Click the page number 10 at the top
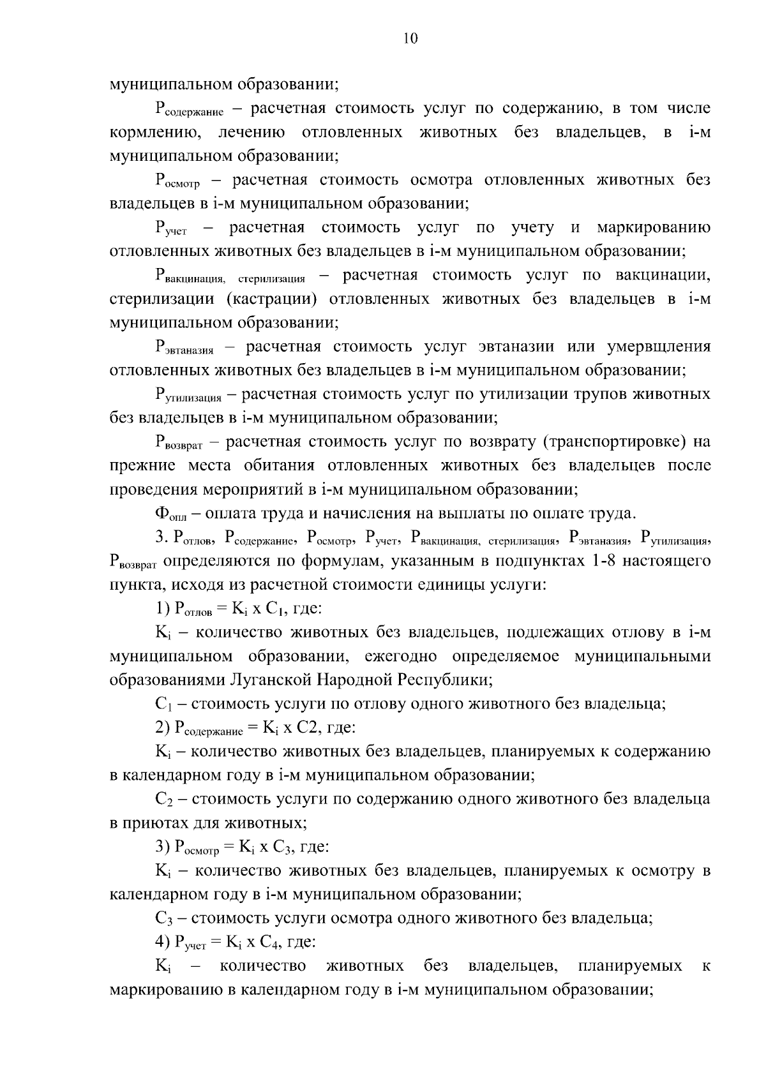click(410, 39)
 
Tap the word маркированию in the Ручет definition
click(653, 228)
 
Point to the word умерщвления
click(658, 347)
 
